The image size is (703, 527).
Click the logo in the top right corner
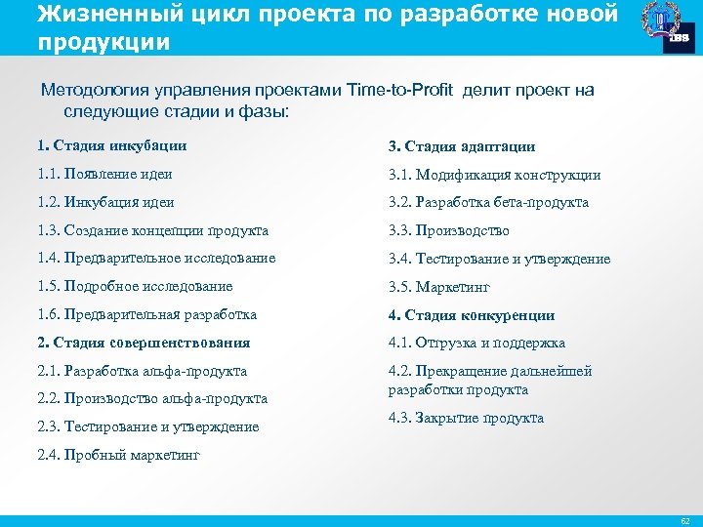click(669, 26)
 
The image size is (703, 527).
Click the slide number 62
click(684, 519)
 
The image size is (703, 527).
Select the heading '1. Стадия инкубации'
click(111, 146)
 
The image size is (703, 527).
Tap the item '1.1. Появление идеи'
click(104, 174)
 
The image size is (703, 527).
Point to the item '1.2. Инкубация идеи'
click(105, 202)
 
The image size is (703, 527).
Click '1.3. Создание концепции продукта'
click(152, 230)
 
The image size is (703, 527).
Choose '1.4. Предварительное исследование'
click(156, 258)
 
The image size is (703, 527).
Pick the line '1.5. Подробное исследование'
click(135, 286)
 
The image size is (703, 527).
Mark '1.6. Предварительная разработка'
click(146, 314)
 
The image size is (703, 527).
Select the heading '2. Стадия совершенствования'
click(144, 343)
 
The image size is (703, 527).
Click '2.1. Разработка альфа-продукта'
click(142, 371)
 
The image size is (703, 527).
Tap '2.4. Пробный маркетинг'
click(117, 455)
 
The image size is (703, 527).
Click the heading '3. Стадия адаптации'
click(461, 146)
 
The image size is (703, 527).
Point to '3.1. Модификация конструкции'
click(494, 175)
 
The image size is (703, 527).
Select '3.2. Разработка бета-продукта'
click(488, 202)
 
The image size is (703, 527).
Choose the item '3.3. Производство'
click(448, 231)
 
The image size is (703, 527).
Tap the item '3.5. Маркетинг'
click(438, 287)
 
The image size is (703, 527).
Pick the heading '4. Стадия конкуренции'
click(471, 315)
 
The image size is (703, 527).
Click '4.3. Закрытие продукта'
click(466, 418)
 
